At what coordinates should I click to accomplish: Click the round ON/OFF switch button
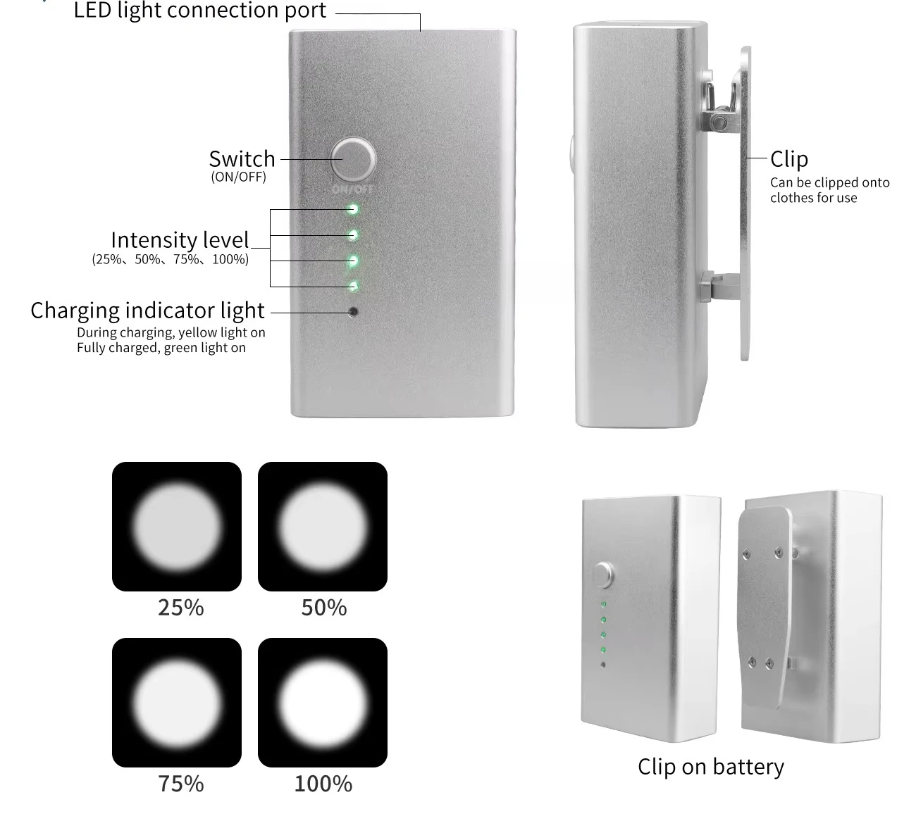tap(354, 159)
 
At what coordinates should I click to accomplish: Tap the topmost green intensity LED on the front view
tap(353, 210)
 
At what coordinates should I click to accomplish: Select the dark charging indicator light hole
tap(353, 312)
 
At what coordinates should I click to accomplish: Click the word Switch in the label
tap(242, 159)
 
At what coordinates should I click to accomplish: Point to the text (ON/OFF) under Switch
tap(238, 177)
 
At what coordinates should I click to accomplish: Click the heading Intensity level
tap(180, 239)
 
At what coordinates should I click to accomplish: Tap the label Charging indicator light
tap(147, 311)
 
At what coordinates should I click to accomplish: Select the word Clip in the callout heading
tap(789, 159)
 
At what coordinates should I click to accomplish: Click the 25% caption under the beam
tap(181, 608)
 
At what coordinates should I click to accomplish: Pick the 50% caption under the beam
tap(324, 608)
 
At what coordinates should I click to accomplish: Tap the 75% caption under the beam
tap(181, 784)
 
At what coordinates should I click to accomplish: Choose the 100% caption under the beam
tap(323, 784)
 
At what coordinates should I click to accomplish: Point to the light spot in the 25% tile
tap(177, 527)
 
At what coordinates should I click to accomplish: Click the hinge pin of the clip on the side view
tap(719, 123)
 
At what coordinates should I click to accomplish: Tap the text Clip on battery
tap(711, 767)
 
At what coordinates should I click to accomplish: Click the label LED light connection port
tap(200, 10)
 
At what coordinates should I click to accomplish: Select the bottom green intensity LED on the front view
tap(353, 287)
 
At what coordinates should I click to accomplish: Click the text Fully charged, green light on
tap(161, 348)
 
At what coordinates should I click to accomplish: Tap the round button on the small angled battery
tap(603, 575)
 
